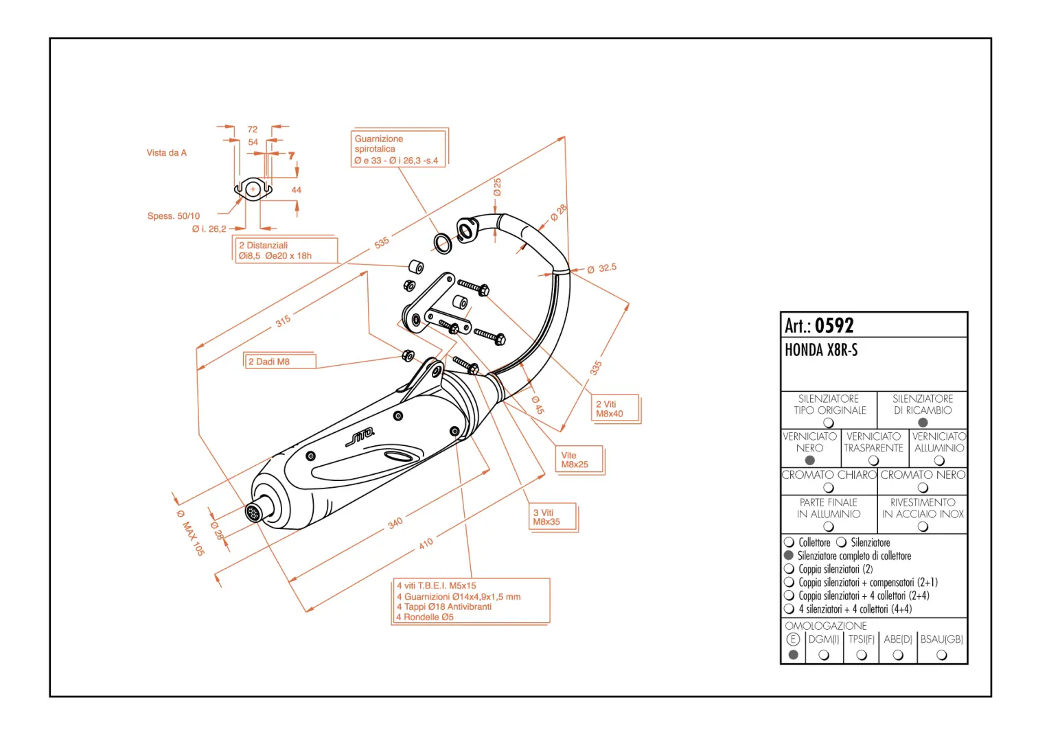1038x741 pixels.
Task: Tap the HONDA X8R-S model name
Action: [x=821, y=351]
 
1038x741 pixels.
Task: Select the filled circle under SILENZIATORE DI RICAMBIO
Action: [x=923, y=423]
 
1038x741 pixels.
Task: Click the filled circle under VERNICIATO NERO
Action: [x=810, y=460]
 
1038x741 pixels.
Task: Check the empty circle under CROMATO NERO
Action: [x=923, y=488]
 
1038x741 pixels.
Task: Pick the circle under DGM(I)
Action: [x=824, y=655]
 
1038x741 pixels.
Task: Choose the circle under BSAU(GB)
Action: [x=942, y=655]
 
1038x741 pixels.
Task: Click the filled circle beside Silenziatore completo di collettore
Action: [x=789, y=556]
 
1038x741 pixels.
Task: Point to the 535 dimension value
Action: [x=382, y=242]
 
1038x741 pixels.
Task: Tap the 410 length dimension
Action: [x=426, y=543]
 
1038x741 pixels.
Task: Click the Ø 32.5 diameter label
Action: [x=602, y=268]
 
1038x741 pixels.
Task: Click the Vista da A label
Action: [x=166, y=153]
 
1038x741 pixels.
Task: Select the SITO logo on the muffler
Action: [x=360, y=436]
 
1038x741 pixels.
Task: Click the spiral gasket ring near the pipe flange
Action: [x=443, y=243]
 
